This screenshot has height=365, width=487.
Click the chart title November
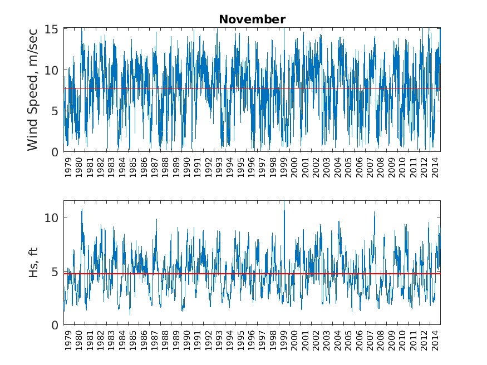(x=252, y=19)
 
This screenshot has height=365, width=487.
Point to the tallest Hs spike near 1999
(x=284, y=201)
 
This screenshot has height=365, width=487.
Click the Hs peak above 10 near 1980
(x=82, y=210)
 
